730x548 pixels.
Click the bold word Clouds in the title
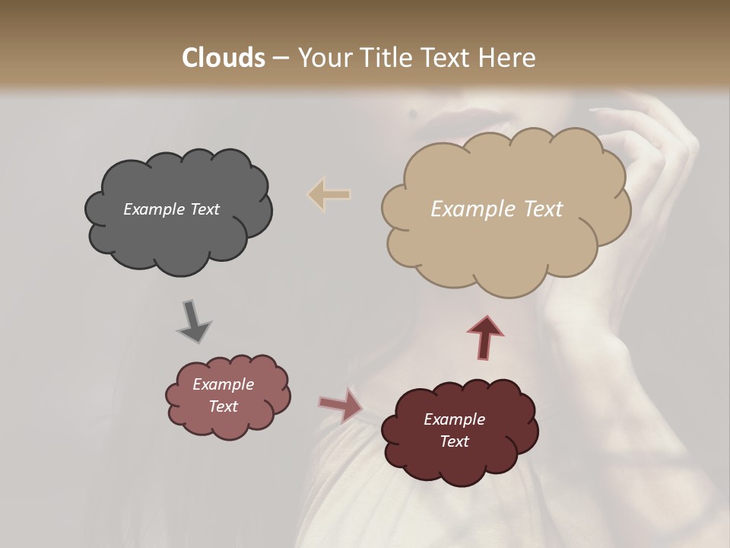click(x=223, y=58)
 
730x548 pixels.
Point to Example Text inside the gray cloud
click(x=171, y=209)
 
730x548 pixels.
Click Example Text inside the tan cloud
click(x=497, y=209)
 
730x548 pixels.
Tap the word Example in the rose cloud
click(x=223, y=384)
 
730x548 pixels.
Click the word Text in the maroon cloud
click(x=454, y=441)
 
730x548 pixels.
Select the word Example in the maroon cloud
click(x=454, y=419)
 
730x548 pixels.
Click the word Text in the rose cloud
click(x=223, y=406)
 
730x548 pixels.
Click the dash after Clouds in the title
click(x=280, y=58)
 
